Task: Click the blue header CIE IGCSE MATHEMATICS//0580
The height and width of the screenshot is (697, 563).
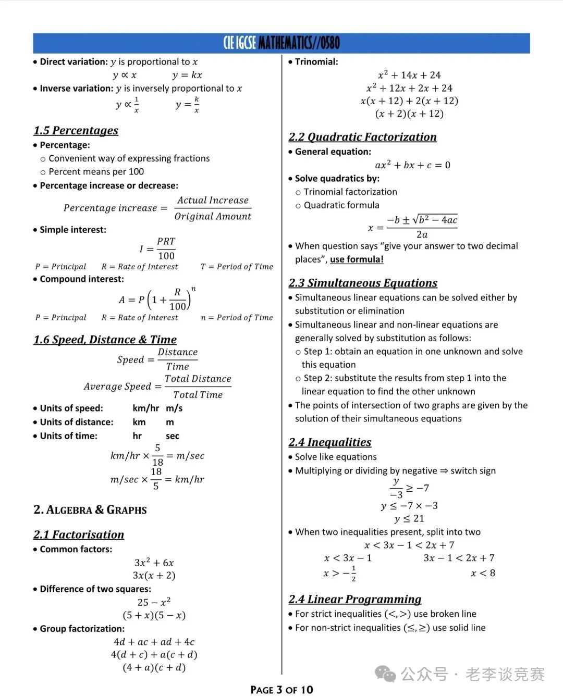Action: point(281,43)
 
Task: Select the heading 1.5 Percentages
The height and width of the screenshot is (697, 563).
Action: point(76,130)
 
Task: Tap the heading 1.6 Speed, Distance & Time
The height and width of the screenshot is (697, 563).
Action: point(105,340)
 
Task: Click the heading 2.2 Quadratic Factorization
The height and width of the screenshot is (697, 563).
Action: point(363,137)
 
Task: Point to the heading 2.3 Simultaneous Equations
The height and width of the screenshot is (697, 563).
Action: point(363,283)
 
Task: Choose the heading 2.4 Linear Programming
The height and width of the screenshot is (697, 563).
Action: point(355,599)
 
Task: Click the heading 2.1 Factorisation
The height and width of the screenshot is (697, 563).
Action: point(79,534)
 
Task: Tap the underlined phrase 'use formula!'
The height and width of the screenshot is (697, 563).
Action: point(357,259)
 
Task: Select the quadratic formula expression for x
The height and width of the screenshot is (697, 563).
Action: point(413,227)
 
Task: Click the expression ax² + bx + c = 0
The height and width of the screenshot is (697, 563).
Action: point(413,165)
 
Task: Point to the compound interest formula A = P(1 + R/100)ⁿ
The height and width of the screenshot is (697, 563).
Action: point(157,300)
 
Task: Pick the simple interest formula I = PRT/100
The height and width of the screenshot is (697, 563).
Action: point(158,248)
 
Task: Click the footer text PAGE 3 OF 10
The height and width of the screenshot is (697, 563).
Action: point(281,690)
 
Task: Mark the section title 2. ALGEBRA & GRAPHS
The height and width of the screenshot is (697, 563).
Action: point(90,509)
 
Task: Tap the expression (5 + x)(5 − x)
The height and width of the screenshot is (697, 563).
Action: point(154,615)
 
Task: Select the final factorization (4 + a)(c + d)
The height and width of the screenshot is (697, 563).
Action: point(154,667)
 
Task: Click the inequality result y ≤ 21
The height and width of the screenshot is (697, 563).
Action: point(410,519)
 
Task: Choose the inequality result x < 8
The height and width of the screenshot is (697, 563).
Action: point(483,573)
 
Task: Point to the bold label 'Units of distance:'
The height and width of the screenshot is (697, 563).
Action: point(77,422)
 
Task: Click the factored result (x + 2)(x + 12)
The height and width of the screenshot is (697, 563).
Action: point(409,114)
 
